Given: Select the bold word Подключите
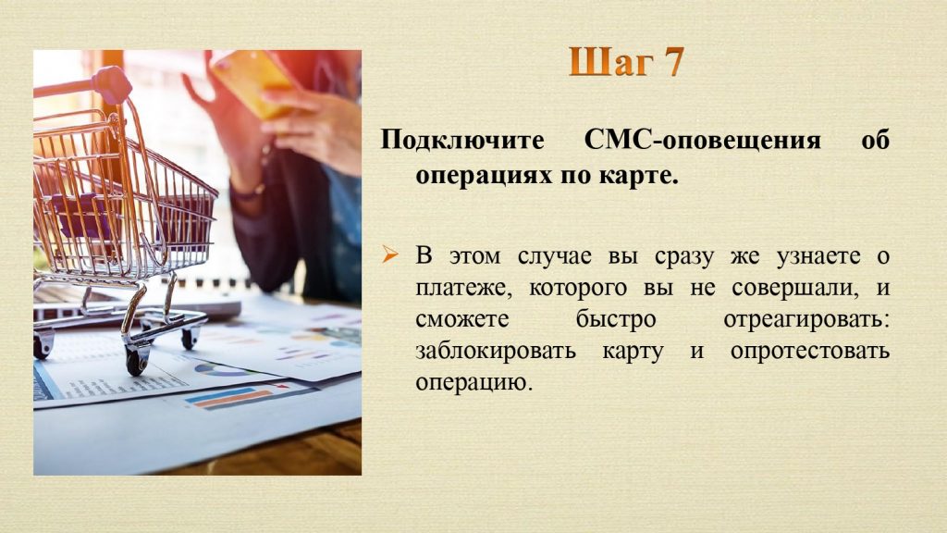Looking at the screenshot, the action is coord(462,141).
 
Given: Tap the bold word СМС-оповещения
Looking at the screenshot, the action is coord(703,140).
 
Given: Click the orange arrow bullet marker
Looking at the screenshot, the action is coord(390,255).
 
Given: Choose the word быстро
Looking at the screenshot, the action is coord(615,319).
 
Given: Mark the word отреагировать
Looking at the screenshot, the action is coord(806,320).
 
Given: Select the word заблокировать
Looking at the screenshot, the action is coord(496,351).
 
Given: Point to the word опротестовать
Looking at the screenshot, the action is coord(810,352).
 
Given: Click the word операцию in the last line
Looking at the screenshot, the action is coord(474,383).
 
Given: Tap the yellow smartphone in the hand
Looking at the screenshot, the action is coord(252,81).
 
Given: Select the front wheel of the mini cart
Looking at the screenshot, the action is coord(137,359).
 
